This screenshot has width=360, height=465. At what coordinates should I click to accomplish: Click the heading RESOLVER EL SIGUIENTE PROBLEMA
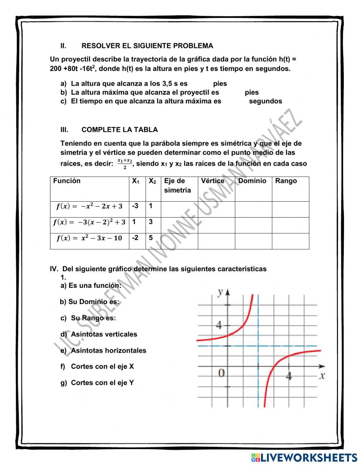pos(147,46)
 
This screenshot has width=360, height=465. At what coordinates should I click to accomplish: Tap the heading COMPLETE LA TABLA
pos(120,130)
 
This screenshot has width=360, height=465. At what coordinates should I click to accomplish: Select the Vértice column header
pos(212,181)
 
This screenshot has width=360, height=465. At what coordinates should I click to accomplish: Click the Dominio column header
pos(252,181)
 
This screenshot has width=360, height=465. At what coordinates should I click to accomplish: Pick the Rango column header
pos(286,181)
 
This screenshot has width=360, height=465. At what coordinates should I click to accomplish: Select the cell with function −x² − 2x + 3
pos(89,206)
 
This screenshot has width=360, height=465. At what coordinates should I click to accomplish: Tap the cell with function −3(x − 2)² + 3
pos(89,222)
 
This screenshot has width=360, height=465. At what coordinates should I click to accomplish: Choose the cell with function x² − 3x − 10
pos(89,238)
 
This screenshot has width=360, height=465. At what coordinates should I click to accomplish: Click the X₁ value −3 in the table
pos(135,206)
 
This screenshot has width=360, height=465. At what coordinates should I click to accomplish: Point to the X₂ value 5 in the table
pos(150,238)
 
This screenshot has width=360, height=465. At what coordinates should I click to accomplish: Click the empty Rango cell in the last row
pos(290,241)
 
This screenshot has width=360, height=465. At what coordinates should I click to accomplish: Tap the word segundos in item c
pos(265,101)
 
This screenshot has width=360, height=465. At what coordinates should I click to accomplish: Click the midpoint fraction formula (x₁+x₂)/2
pos(125,164)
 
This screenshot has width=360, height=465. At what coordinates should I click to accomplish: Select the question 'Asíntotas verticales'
pos(104,334)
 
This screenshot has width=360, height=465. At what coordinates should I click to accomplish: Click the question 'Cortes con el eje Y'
pos(102,383)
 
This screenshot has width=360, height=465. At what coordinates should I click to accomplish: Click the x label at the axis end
pos(322,376)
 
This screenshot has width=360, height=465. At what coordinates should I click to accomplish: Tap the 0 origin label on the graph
pos(221,373)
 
